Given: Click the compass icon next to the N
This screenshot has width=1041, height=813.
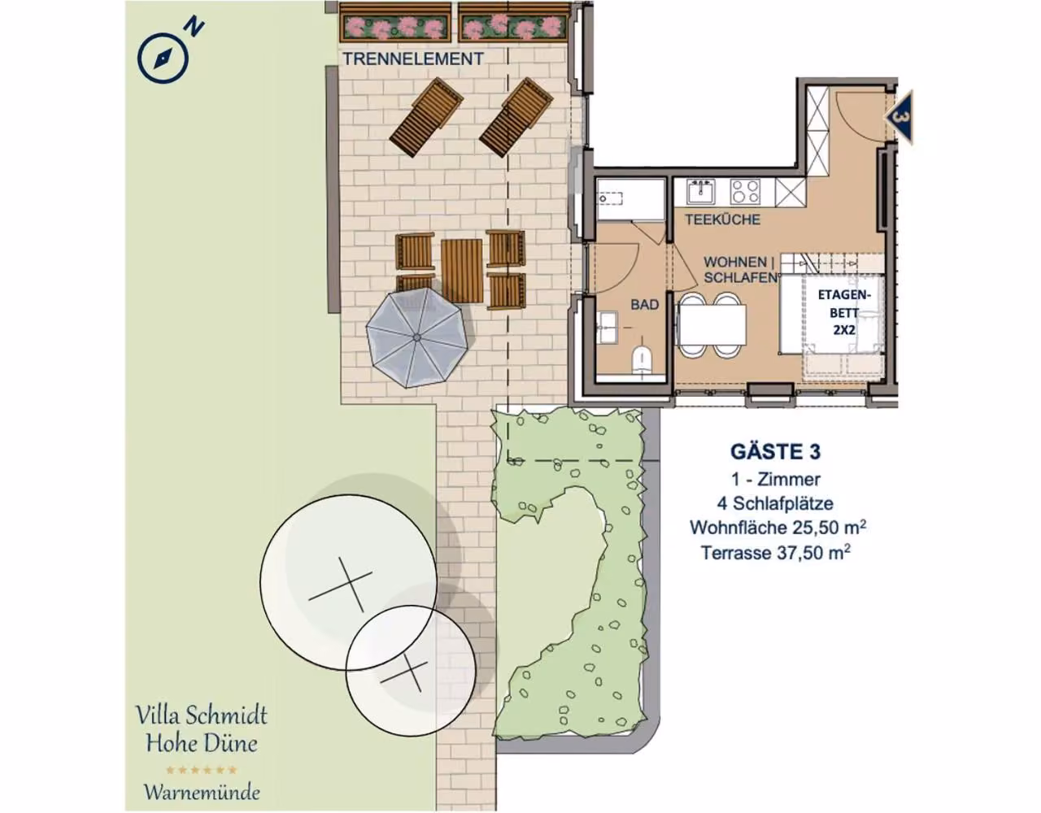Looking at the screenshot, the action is [163, 58].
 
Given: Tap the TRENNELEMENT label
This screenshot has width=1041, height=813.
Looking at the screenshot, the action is [413, 59].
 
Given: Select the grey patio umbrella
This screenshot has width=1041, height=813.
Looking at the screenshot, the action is [416, 337].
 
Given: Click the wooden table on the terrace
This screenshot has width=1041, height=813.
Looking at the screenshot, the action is [461, 271].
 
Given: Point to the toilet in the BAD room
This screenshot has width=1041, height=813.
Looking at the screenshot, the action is [642, 360].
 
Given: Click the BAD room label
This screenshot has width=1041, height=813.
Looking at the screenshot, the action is [644, 305].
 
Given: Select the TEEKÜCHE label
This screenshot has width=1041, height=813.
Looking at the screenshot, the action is [722, 220].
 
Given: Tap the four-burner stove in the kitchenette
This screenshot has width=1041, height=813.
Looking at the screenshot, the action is [745, 192].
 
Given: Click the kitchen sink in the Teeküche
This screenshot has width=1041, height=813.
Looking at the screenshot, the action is [700, 191].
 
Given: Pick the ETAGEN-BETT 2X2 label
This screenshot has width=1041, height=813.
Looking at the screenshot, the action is [843, 312].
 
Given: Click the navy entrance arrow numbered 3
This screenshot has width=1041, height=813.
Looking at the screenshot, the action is [899, 118].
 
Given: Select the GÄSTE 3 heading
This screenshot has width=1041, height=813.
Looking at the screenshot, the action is [775, 451].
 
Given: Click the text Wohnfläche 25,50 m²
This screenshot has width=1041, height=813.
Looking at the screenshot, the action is [777, 527].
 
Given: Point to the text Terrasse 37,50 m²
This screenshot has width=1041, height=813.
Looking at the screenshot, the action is [776, 553].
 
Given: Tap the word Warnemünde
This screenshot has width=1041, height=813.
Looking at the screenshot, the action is [203, 793].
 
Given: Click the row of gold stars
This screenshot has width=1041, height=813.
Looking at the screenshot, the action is [201, 769].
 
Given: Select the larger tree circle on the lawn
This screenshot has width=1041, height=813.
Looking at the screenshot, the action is [348, 582].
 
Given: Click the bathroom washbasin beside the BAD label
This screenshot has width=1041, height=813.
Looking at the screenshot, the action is [608, 328].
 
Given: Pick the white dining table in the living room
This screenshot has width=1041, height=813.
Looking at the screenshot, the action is [712, 324].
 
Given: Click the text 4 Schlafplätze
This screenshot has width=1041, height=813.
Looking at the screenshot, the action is [775, 503].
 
